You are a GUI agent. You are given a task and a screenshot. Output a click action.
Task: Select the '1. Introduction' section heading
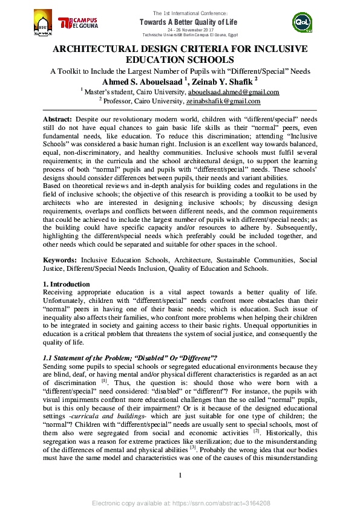tap(67, 284)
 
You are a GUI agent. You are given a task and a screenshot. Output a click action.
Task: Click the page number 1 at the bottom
tap(180, 493)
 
